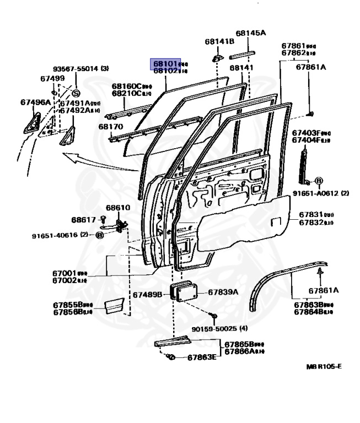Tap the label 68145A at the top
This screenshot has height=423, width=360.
(250, 33)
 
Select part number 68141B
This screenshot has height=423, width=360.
(219, 41)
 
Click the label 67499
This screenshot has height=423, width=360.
(52, 79)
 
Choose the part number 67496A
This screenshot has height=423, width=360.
(35, 102)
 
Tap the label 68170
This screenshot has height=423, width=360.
(111, 127)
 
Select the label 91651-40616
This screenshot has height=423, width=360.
(55, 235)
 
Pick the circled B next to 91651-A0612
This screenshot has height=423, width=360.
(319, 181)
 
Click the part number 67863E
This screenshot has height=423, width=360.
(202, 357)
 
